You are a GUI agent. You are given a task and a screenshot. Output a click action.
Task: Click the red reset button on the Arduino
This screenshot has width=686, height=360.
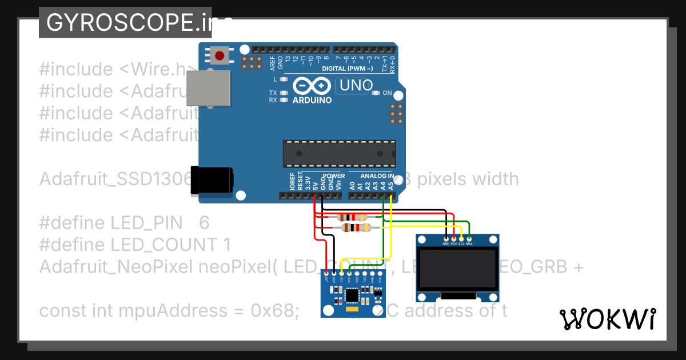pyautogui.click(x=220, y=55)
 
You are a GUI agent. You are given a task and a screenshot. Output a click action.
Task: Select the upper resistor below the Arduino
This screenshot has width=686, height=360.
pyautogui.click(x=353, y=217)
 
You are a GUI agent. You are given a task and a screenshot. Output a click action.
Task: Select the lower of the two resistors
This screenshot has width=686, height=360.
pyautogui.click(x=356, y=228)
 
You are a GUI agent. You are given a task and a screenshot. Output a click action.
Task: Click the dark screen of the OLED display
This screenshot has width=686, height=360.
pyautogui.click(x=457, y=269)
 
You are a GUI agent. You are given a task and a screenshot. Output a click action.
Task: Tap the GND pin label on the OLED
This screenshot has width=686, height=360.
pyautogui.click(x=446, y=243)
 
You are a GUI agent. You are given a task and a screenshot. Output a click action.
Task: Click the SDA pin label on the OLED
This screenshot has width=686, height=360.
pyautogui.click(x=469, y=243)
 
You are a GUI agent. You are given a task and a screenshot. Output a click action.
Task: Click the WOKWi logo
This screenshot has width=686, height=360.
pyautogui.click(x=607, y=319)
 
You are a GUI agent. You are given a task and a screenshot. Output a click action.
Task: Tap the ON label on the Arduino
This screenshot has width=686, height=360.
pyautogui.click(x=387, y=93)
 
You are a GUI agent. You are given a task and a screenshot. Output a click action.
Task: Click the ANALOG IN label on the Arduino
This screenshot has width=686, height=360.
pyautogui.click(x=377, y=176)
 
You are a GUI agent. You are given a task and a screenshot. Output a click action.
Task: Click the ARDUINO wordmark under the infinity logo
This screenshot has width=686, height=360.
pyautogui.click(x=312, y=100)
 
